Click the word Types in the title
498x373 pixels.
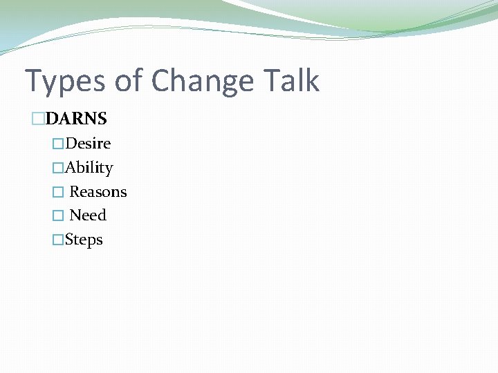pos(65,82)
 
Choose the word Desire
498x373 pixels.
pos(88,144)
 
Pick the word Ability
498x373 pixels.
pos(89,168)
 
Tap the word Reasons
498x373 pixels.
pos(98,191)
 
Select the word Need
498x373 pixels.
pos(88,216)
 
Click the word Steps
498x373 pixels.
pos(84,240)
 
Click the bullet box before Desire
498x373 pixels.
pos(58,144)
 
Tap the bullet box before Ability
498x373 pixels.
pos(58,168)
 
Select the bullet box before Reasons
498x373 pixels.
pos(58,192)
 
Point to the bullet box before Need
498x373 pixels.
pos(58,216)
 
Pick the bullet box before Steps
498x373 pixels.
pos(58,240)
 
